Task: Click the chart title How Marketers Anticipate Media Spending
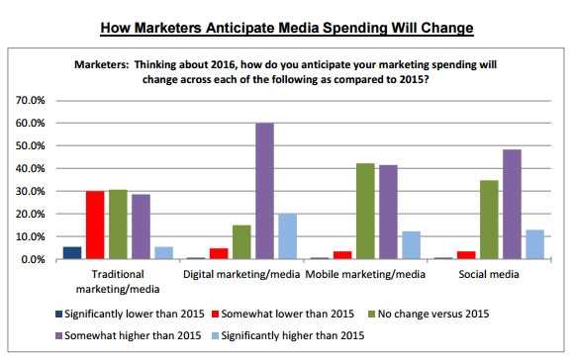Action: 287,28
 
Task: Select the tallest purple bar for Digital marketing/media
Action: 265,191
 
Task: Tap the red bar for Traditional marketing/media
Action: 95,225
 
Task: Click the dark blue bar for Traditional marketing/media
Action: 72,253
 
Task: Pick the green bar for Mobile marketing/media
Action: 365,212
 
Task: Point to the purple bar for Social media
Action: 513,204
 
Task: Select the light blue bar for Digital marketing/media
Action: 287,236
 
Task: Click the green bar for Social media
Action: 489,220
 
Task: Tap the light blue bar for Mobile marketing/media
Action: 412,245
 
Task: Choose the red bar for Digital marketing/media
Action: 219,254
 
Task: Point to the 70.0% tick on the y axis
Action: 30,100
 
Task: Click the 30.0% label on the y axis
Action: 30,191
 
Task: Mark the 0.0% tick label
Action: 33,259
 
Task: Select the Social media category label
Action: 489,274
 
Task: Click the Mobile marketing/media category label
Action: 365,274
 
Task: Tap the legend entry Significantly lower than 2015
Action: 130,314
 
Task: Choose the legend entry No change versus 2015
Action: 429,314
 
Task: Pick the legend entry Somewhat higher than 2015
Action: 129,335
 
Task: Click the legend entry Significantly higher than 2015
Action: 288,335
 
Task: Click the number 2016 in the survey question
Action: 223,65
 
